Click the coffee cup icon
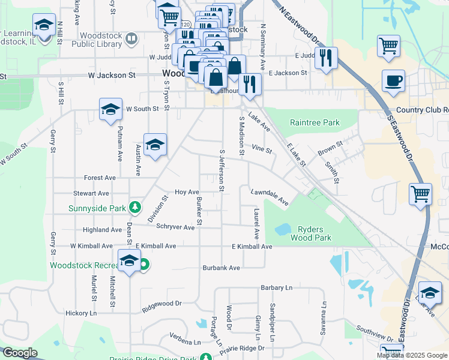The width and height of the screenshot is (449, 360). pyautogui.click(x=393, y=81)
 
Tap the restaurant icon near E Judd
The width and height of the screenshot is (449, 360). pyautogui.click(x=326, y=58)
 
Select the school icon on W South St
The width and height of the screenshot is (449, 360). pyautogui.click(x=110, y=110)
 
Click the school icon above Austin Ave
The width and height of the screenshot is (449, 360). pyautogui.click(x=155, y=145)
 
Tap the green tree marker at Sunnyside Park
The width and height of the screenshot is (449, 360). pyautogui.click(x=136, y=208)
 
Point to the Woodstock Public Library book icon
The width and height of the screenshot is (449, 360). pyautogui.click(x=131, y=40)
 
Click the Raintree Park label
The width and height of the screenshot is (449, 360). pyautogui.click(x=315, y=123)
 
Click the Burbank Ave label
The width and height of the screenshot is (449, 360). pyautogui.click(x=221, y=268)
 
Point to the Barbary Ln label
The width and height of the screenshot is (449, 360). pyautogui.click(x=276, y=287)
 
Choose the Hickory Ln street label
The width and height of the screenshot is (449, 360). pyautogui.click(x=81, y=313)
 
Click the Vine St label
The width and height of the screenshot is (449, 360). pyautogui.click(x=262, y=148)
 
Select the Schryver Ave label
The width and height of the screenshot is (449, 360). pyautogui.click(x=175, y=227)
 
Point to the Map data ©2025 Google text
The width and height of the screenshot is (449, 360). pyautogui.click(x=412, y=355)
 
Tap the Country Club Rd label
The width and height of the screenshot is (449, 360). pyautogui.click(x=422, y=110)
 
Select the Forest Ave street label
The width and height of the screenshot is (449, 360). pyautogui.click(x=100, y=178)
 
